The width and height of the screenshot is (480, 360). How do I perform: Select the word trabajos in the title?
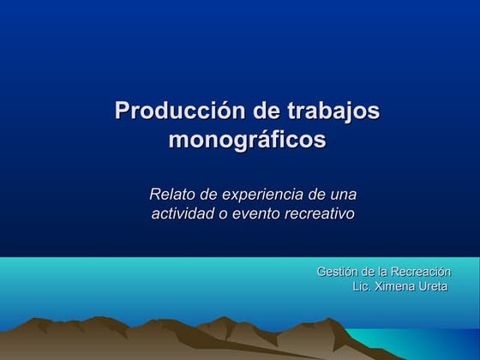(333, 111)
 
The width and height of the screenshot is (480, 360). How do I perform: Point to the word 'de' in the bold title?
(267, 111)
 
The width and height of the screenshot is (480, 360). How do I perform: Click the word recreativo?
(321, 213)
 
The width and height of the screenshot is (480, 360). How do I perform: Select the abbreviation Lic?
(363, 286)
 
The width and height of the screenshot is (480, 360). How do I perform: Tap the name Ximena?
(396, 286)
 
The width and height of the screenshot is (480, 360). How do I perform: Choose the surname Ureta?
(434, 286)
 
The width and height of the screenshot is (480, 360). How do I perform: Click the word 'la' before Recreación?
(381, 272)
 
